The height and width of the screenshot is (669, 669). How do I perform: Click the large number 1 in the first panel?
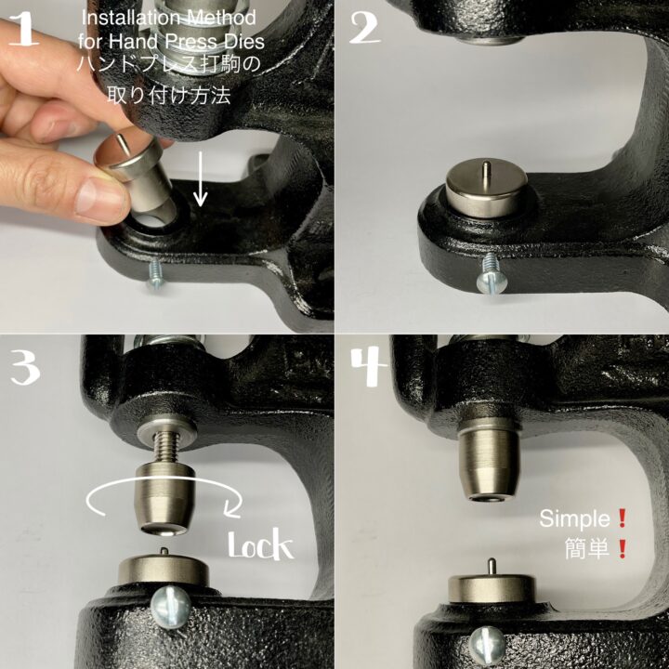click(x=24, y=29)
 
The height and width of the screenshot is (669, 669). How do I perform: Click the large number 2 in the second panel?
click(x=365, y=28)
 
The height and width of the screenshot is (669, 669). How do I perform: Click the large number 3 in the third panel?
click(x=26, y=367)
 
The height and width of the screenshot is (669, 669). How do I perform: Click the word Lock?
click(x=261, y=544)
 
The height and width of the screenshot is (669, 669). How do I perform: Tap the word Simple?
click(x=574, y=519)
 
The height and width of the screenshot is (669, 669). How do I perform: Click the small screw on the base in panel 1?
click(x=154, y=275)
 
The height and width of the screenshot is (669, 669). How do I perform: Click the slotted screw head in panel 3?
click(x=171, y=607)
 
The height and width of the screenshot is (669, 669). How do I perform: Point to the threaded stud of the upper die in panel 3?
click(x=164, y=449)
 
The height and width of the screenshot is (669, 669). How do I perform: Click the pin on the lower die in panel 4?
click(x=492, y=567)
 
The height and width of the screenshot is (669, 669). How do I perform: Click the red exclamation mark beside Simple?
click(x=622, y=518)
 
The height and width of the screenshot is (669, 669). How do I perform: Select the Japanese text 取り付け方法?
click(x=169, y=95)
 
